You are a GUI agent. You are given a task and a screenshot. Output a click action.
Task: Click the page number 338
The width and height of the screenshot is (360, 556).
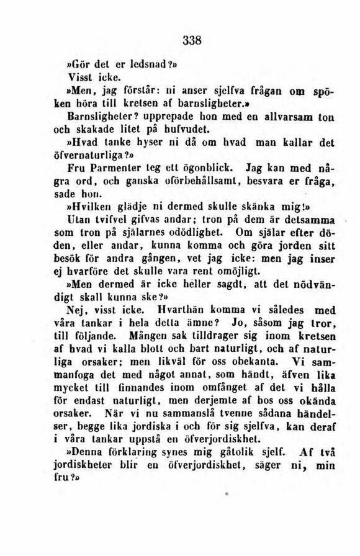click(194, 41)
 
